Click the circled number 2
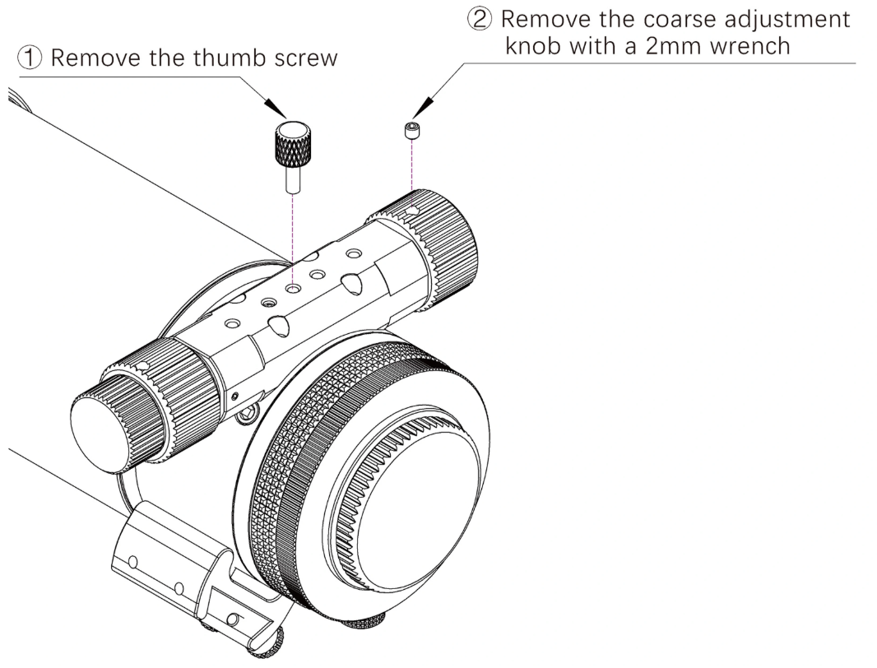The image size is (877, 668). click(x=480, y=19)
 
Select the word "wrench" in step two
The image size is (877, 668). click(x=747, y=45)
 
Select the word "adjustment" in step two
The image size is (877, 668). click(x=796, y=19)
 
